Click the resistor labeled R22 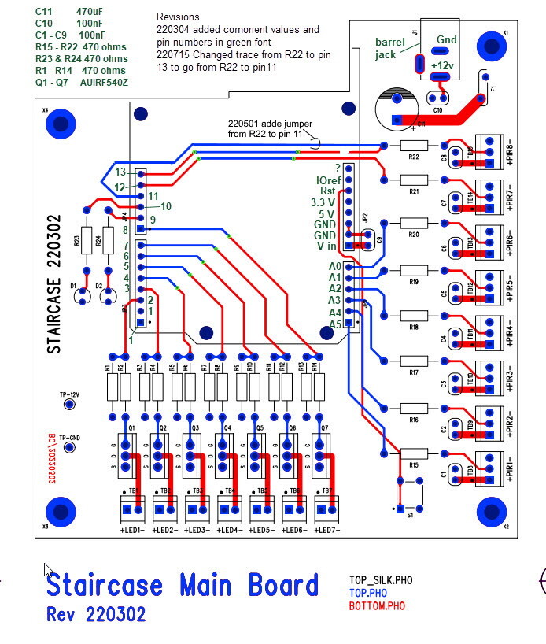tap(414, 146)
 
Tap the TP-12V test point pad tap(69, 404)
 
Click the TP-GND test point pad tap(69, 447)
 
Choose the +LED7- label tap(326, 532)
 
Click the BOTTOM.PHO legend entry tap(377, 606)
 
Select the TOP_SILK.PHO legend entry tap(381, 580)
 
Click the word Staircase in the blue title tap(104, 586)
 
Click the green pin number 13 tap(120, 172)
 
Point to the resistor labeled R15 tap(414, 454)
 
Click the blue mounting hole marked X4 tap(60, 123)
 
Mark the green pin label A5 tap(335, 323)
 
